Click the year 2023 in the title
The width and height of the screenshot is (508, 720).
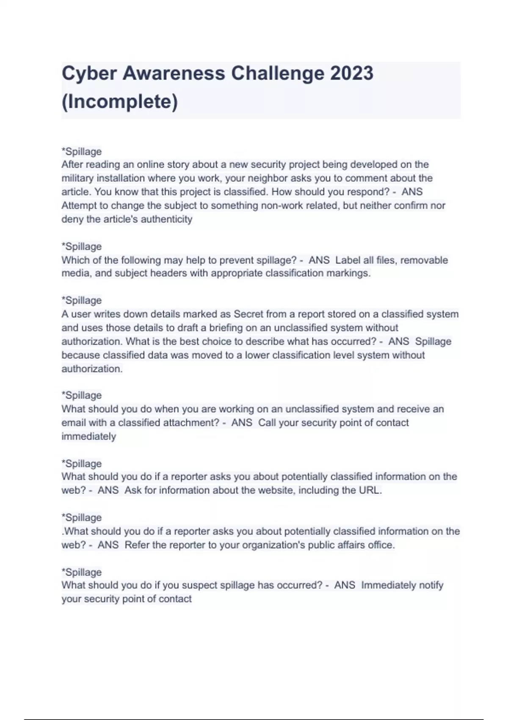click(352, 73)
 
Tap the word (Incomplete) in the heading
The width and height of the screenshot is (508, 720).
click(120, 102)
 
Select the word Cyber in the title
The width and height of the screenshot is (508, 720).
click(89, 73)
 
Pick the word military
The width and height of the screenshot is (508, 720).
click(78, 178)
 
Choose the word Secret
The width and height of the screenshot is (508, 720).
click(248, 314)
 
